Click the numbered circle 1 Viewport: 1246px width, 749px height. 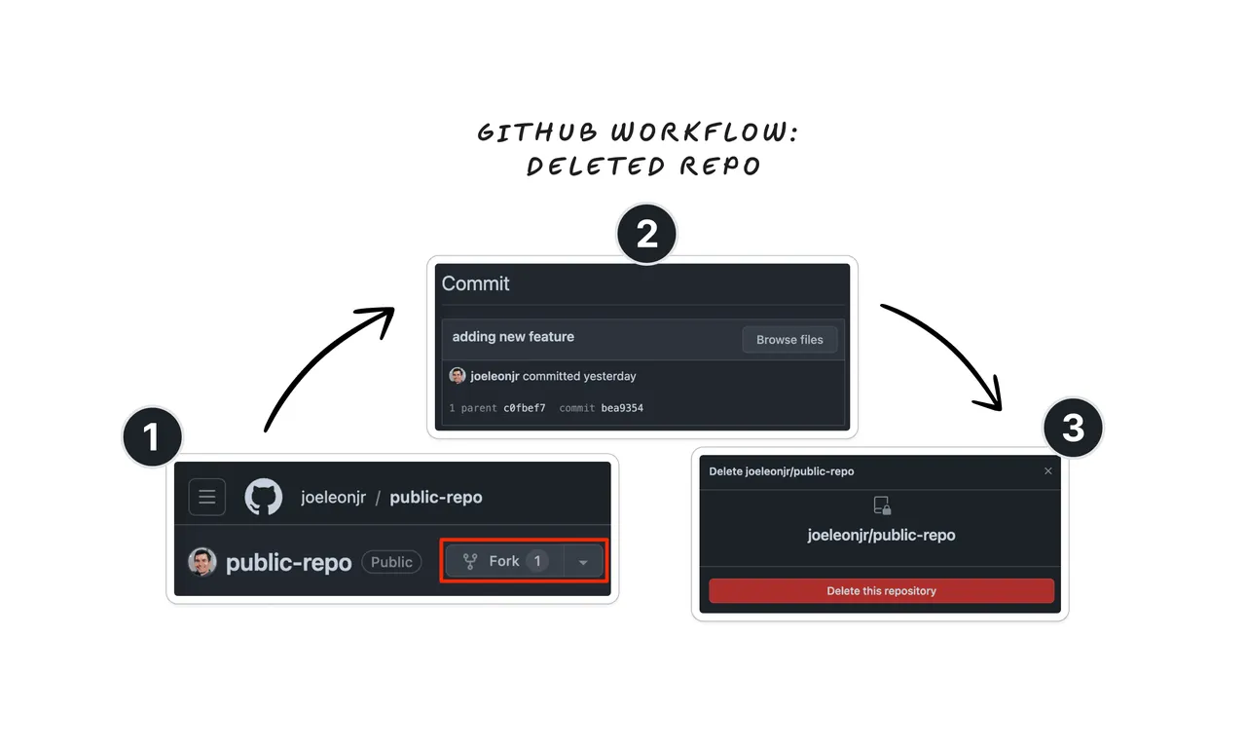(153, 436)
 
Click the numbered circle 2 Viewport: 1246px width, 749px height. (646, 234)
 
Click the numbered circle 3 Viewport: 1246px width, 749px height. (1073, 428)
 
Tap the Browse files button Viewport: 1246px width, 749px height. (789, 340)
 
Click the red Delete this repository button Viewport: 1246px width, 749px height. (881, 591)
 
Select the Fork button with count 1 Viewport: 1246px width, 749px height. (505, 561)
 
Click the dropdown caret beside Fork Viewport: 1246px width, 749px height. (583, 561)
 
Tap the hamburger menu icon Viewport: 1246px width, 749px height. (207, 497)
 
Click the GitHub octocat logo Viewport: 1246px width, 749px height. (264, 497)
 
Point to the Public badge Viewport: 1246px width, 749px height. (391, 562)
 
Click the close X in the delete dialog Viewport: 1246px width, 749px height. (1048, 471)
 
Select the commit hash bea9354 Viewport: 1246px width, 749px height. (622, 408)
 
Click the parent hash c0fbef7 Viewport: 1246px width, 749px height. (525, 408)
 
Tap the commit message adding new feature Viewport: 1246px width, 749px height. (513, 337)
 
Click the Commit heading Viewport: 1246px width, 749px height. (476, 283)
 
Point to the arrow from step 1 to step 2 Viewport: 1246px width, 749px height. (317, 357)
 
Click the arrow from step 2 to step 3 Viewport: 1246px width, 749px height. (956, 345)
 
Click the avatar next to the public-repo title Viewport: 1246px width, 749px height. (202, 561)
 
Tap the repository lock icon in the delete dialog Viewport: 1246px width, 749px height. (882, 506)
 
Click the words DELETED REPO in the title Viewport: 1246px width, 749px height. (643, 167)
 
